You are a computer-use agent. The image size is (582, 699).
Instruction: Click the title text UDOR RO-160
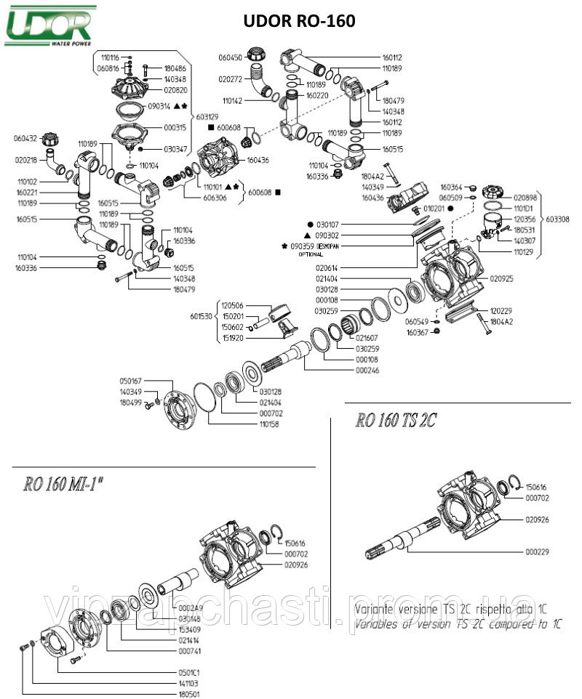pos(299,22)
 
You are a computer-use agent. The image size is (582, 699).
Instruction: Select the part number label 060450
pos(230,57)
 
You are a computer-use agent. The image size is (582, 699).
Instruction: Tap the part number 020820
pos(177,91)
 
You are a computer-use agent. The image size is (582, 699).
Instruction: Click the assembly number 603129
pos(206,116)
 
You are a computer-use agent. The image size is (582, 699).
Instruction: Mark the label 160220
pos(317,95)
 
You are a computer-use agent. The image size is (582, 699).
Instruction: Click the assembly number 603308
pos(559,218)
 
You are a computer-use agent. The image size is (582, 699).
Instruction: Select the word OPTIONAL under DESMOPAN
pos(311,254)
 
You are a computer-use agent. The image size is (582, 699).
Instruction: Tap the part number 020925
pos(502,278)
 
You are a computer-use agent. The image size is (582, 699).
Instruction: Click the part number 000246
pos(367,370)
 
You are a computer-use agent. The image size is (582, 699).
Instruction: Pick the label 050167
pos(131,381)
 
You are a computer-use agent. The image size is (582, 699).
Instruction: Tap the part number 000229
pos(537,552)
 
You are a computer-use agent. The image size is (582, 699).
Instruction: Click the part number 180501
pos(188,694)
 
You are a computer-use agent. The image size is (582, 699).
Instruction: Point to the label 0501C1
pos(188,671)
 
